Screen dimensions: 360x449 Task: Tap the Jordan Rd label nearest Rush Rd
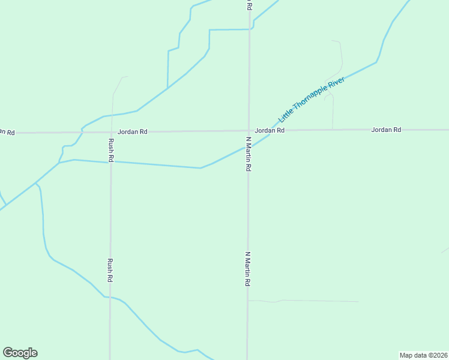coord(132,131)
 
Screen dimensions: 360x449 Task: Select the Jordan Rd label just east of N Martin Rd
coord(269,130)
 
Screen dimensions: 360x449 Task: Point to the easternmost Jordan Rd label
coord(386,130)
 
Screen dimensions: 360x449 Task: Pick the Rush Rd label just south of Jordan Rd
coord(111,150)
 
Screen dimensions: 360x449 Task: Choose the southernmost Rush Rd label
coord(110,270)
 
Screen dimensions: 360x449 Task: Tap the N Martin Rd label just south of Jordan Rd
coord(248,154)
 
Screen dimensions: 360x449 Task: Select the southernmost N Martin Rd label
coord(247,268)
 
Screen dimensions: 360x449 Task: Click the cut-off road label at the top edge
coord(249,4)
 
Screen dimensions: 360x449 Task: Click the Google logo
coord(20,353)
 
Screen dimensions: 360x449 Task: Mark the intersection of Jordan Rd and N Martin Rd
coord(249,130)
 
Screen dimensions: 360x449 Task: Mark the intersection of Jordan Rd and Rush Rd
coord(111,131)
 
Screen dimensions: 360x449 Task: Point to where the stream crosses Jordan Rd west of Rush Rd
coord(82,131)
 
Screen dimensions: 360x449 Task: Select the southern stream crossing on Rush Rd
coord(110,297)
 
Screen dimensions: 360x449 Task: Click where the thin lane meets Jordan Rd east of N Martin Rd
coord(333,130)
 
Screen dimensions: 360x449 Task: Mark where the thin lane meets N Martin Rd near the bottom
coord(248,301)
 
